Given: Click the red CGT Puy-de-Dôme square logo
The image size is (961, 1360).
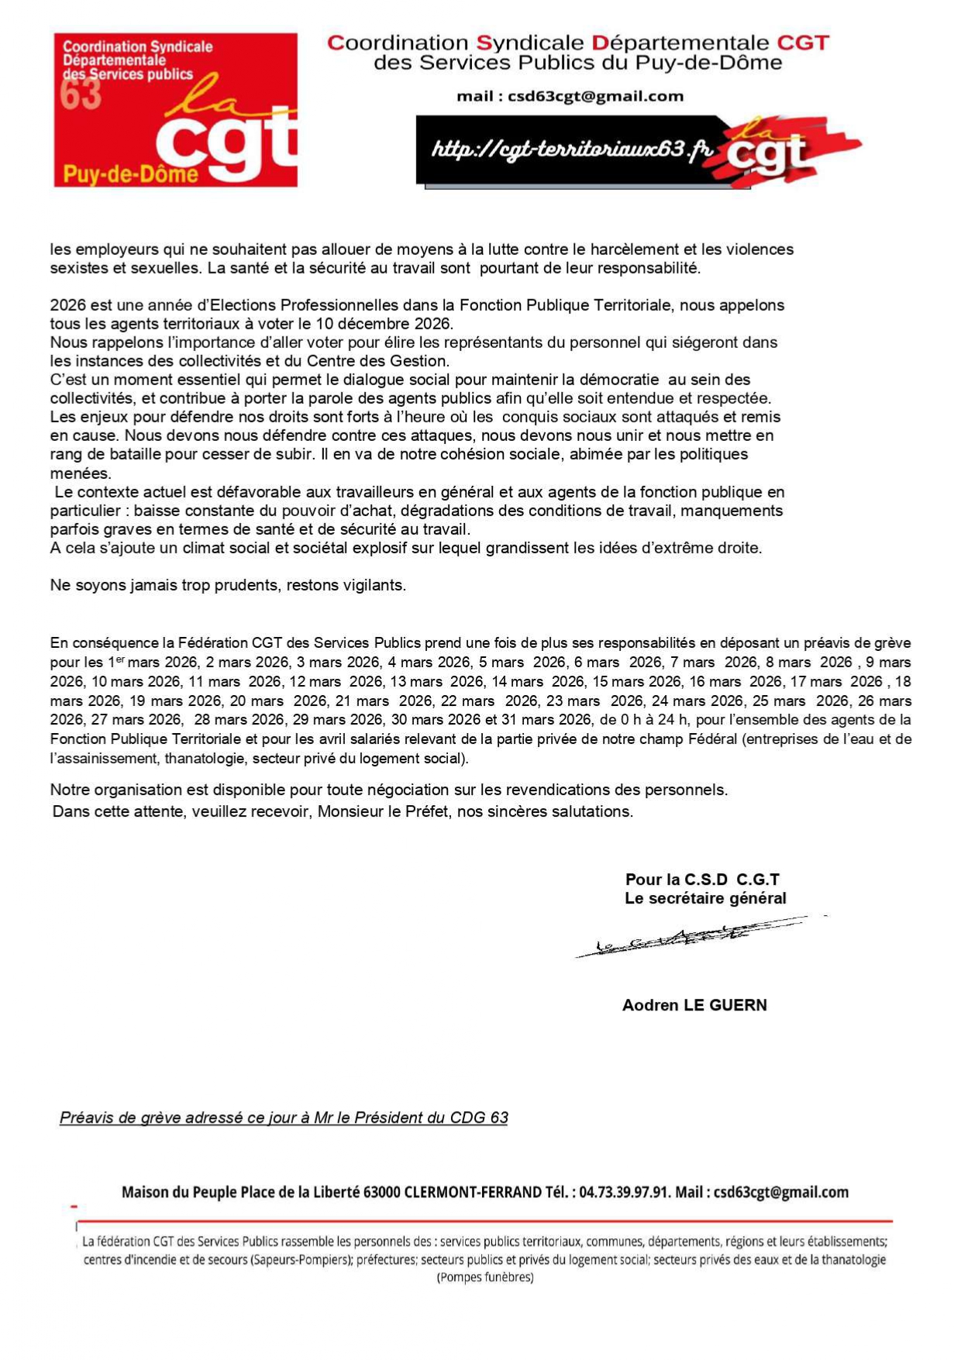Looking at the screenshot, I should (175, 109).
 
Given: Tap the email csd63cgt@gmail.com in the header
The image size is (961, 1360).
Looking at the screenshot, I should (595, 97).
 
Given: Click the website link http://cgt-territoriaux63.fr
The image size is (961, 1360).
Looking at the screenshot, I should (571, 149).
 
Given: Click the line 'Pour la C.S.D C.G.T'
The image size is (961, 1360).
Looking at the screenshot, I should (702, 880).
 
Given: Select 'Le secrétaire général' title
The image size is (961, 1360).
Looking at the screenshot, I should (705, 898).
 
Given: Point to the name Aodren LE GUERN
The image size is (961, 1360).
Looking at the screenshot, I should (694, 1005).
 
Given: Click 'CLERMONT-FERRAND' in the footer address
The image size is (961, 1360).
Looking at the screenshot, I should (474, 1192).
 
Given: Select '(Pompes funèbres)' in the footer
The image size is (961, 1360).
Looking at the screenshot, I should (485, 1277).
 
